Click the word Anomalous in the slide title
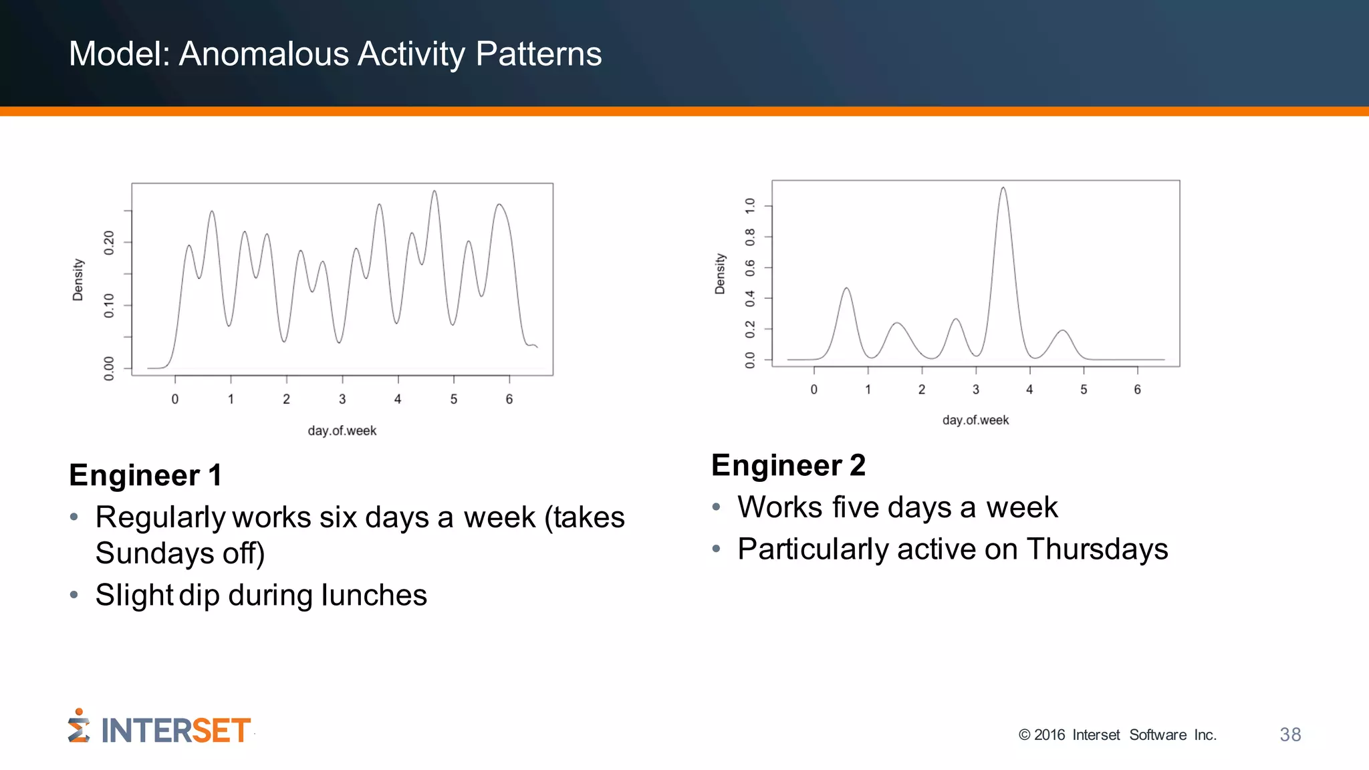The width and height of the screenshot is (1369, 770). click(x=265, y=54)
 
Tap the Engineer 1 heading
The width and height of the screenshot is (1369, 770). click(x=145, y=475)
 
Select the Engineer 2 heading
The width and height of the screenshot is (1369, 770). click(x=788, y=465)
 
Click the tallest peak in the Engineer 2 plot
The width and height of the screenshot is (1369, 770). click(x=1003, y=190)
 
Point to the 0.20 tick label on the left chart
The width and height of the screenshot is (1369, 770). click(x=109, y=242)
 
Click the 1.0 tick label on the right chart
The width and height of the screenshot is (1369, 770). click(x=750, y=205)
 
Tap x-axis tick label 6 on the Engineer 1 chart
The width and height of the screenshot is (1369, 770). click(x=509, y=400)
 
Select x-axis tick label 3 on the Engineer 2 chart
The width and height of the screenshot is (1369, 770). click(x=976, y=390)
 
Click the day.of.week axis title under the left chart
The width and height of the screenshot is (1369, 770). click(x=342, y=431)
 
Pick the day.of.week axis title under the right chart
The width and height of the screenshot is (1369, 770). click(x=975, y=420)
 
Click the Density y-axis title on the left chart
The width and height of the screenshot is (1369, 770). click(x=78, y=279)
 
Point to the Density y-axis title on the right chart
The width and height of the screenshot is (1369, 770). click(x=720, y=273)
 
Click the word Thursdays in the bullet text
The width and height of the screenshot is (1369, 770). click(x=1097, y=549)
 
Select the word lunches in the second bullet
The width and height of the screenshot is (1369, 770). click(x=374, y=596)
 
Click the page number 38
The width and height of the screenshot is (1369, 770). click(x=1290, y=735)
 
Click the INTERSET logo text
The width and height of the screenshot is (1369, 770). click(x=175, y=731)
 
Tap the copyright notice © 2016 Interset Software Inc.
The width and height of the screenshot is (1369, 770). click(x=1117, y=735)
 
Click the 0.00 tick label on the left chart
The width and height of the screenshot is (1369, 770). click(x=109, y=368)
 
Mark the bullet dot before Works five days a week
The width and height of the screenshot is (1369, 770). click(x=716, y=507)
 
